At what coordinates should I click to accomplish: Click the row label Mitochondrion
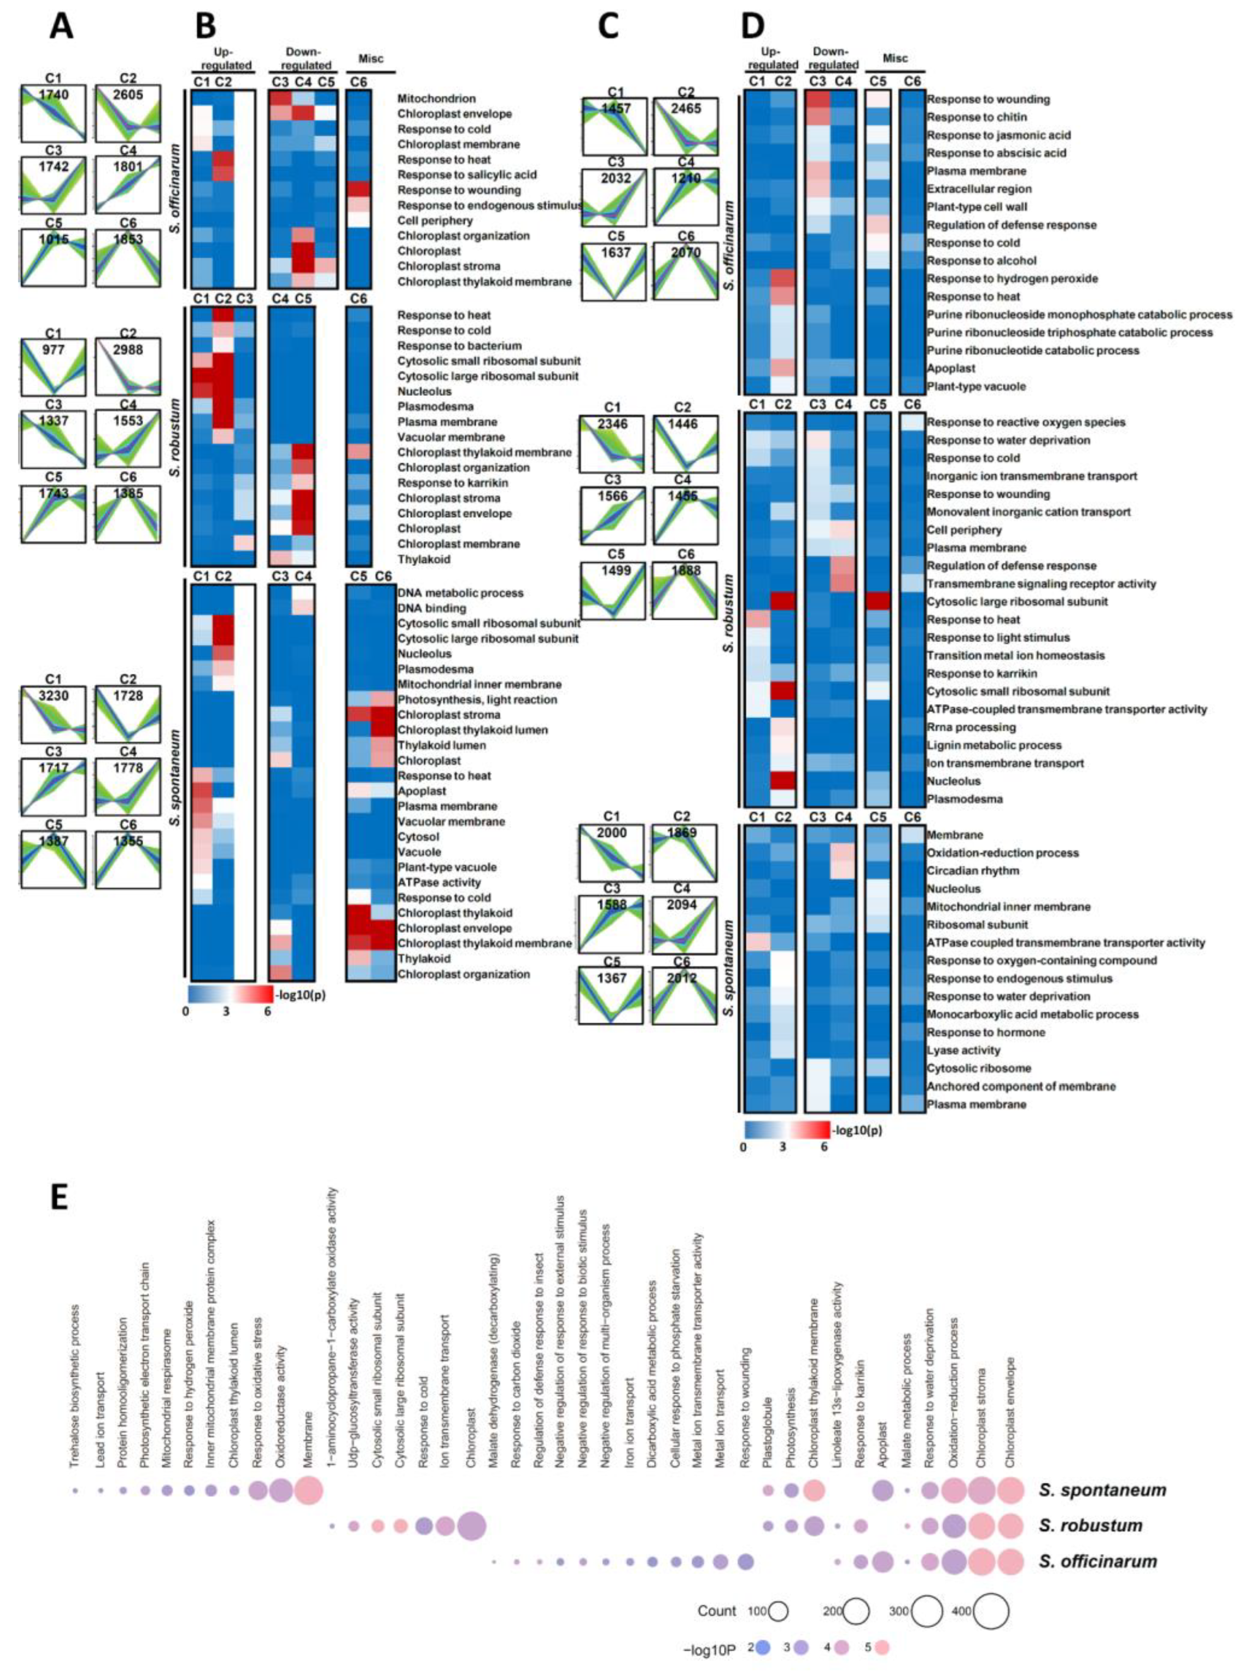tap(436, 99)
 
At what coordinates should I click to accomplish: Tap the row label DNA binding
tap(432, 608)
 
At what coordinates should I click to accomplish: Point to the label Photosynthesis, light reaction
tap(477, 700)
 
